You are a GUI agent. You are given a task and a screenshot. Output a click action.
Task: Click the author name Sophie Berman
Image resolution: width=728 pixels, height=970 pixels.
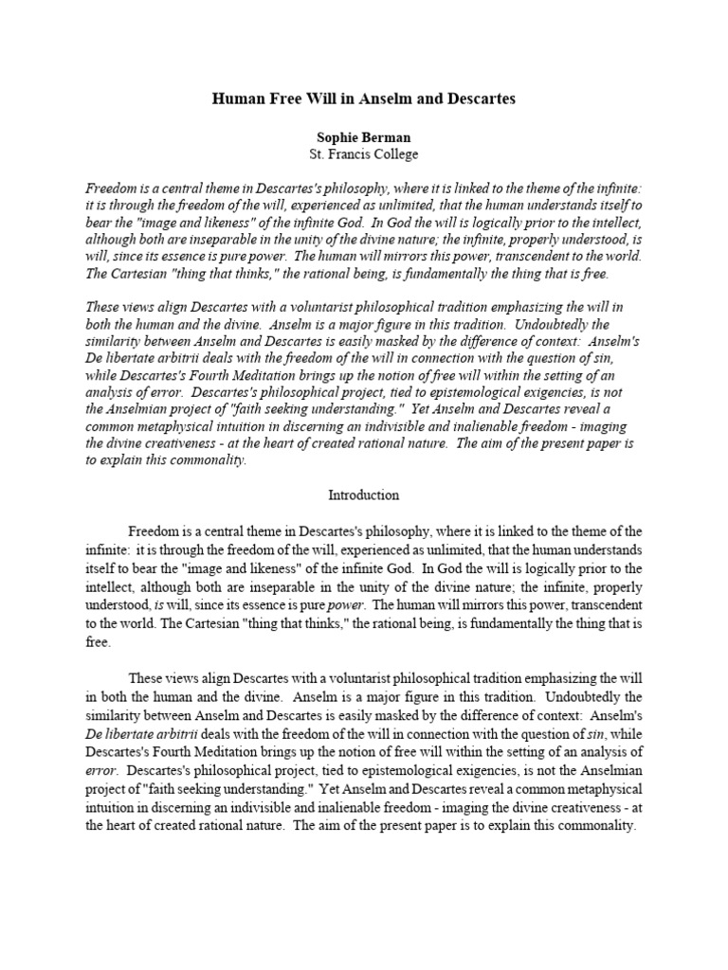[363, 137]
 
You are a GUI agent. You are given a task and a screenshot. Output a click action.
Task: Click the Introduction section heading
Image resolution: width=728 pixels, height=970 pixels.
[363, 495]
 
